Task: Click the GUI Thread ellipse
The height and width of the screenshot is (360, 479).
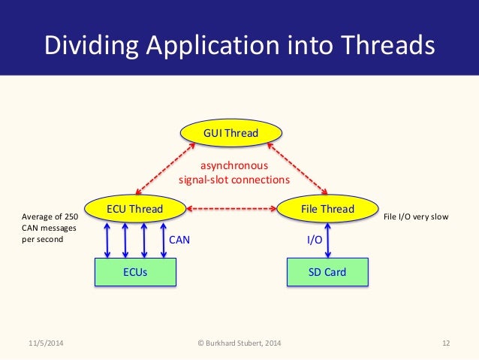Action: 231,134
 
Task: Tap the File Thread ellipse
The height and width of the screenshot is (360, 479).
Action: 327,208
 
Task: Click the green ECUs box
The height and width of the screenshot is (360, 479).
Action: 135,272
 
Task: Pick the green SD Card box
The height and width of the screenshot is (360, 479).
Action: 328,272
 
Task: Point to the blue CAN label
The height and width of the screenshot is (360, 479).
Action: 180,241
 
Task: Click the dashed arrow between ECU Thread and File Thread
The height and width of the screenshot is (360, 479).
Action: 231,208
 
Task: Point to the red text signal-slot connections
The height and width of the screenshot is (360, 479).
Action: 233,180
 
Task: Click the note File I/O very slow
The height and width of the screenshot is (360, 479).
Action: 416,217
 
